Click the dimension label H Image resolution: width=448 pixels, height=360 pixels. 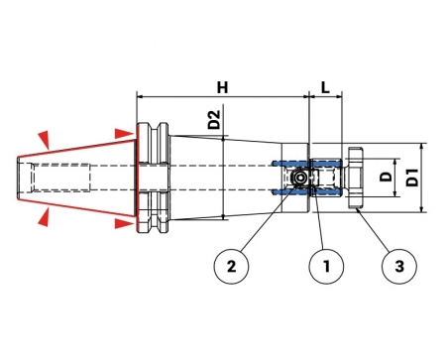[x=222, y=87]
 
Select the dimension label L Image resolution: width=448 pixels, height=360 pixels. [x=325, y=87]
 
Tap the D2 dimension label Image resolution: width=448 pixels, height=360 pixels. [x=214, y=119]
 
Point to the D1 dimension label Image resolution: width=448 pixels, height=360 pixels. [x=412, y=178]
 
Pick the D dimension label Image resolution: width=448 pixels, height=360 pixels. [x=386, y=177]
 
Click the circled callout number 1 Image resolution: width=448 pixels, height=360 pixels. [x=326, y=266]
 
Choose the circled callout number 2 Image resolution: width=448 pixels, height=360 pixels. [x=231, y=266]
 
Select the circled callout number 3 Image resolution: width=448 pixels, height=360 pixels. [x=399, y=266]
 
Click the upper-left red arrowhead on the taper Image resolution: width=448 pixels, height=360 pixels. [x=45, y=138]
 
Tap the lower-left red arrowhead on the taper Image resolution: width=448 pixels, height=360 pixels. [x=45, y=217]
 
